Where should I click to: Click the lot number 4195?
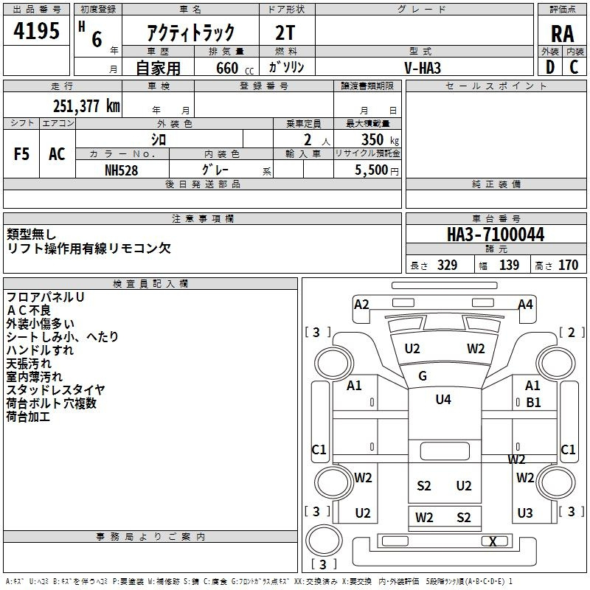(36, 30)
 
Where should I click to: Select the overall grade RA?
(562, 34)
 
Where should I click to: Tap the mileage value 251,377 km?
(86, 106)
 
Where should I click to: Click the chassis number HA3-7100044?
(496, 235)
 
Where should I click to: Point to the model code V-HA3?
(423, 68)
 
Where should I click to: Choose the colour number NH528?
(121, 170)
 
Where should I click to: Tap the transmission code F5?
(21, 154)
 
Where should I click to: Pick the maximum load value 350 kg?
(380, 139)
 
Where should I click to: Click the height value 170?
(568, 265)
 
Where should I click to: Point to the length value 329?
(447, 265)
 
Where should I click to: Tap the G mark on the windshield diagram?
(423, 375)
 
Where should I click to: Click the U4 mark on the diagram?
(443, 399)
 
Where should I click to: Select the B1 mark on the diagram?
(533, 402)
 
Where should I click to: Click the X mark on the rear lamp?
(493, 541)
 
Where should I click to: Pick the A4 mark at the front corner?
(525, 305)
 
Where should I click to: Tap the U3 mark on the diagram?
(525, 513)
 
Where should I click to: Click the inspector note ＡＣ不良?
(28, 310)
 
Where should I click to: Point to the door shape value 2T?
(285, 33)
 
